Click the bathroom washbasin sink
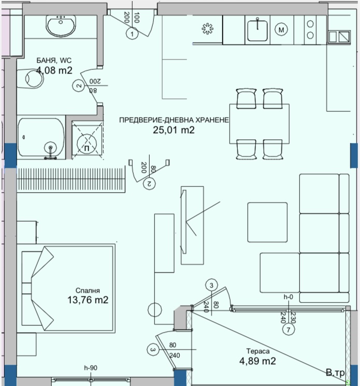61,25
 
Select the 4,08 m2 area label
54,70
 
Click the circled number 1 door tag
133,34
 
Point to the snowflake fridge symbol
207,29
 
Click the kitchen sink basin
257,30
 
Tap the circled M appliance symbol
281,30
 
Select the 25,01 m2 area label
174,130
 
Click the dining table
260,124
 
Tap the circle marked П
87,144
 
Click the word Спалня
88,291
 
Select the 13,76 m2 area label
88,300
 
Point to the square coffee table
267,222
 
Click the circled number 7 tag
289,329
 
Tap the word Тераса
258,351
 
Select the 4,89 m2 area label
257,361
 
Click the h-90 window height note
91,368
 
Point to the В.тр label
335,373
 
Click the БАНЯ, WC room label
54,60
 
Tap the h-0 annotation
289,297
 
